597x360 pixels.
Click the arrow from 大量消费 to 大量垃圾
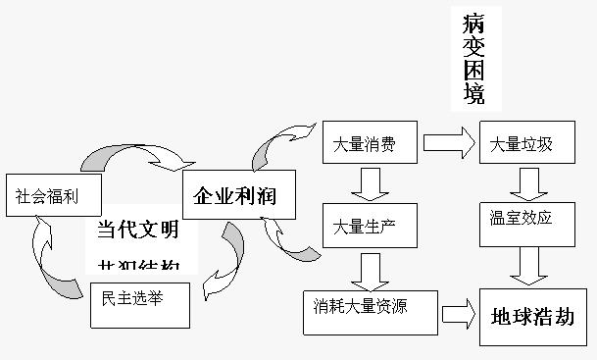(x=449, y=144)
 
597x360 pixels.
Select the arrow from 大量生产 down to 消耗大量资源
(x=371, y=269)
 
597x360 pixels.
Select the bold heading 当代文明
(x=137, y=231)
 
